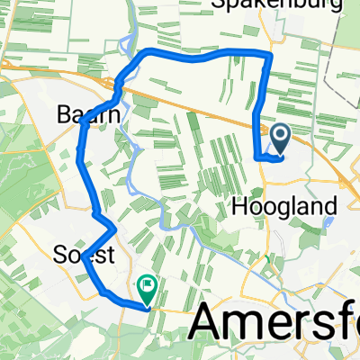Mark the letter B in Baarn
[66, 115]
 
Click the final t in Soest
[111, 256]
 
